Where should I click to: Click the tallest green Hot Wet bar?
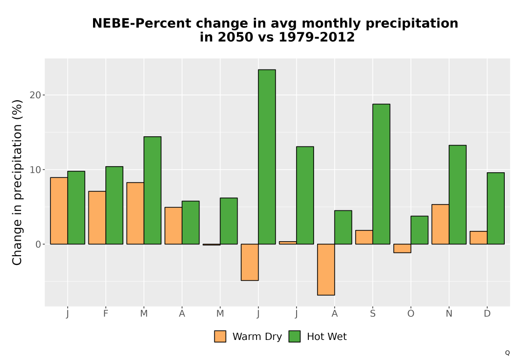click(x=267, y=157)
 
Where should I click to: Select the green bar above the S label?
click(x=381, y=174)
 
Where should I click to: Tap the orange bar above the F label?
click(x=97, y=218)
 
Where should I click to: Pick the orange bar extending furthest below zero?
click(x=326, y=269)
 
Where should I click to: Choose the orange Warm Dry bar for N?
click(x=440, y=224)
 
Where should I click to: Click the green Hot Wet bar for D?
click(x=495, y=208)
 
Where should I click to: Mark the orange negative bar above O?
click(x=402, y=248)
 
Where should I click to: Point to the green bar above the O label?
click(x=419, y=230)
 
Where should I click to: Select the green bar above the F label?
click(x=115, y=205)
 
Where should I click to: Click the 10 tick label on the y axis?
click(x=35, y=170)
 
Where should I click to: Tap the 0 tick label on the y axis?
click(x=39, y=244)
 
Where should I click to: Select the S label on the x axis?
click(x=373, y=314)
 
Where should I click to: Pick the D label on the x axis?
click(x=487, y=314)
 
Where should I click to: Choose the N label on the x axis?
click(x=449, y=314)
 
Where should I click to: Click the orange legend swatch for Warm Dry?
click(x=221, y=336)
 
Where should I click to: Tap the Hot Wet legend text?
click(x=327, y=336)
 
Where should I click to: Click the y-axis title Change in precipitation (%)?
click(x=17, y=182)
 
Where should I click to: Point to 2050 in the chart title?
click(x=236, y=37)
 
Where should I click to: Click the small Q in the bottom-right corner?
click(x=507, y=353)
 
